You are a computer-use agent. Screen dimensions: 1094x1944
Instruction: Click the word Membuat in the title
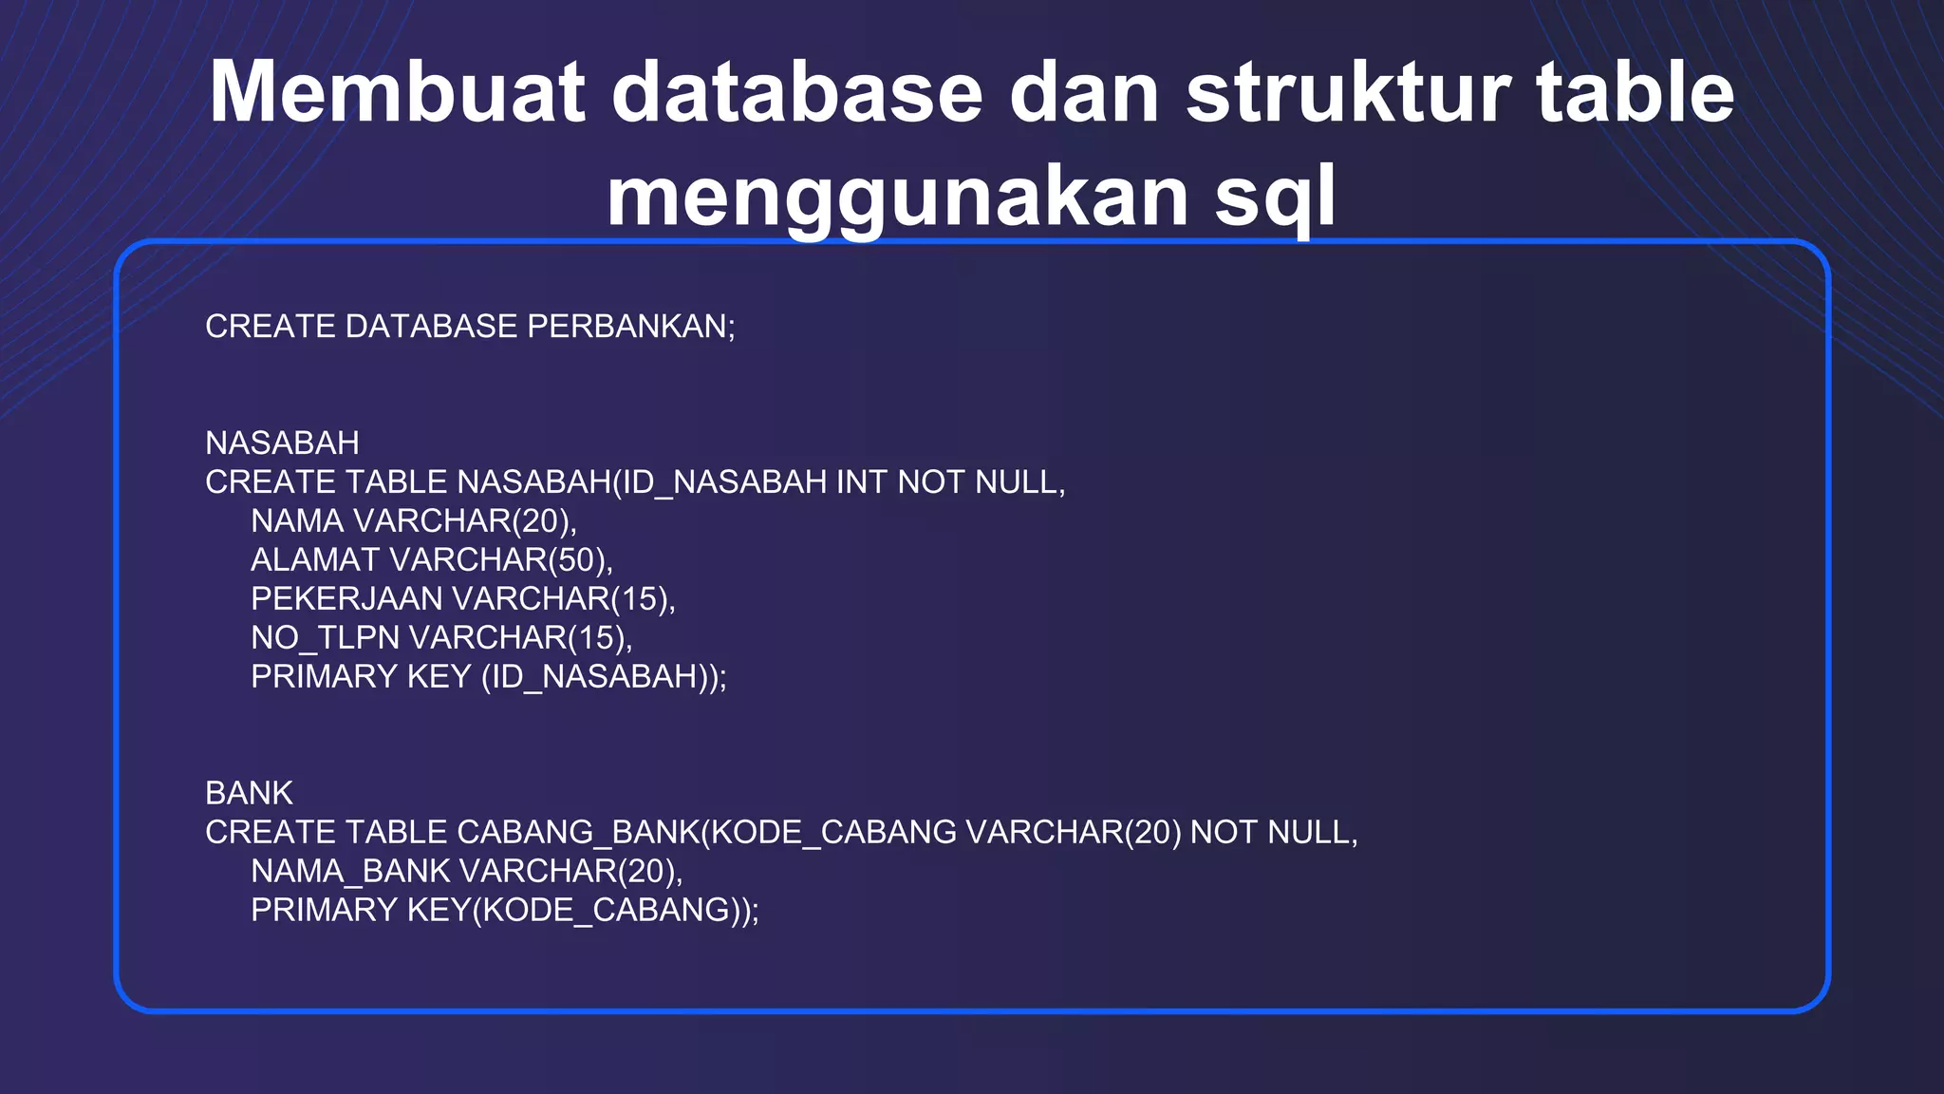[x=398, y=92]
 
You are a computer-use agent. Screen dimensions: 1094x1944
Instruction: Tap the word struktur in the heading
[x=1348, y=92]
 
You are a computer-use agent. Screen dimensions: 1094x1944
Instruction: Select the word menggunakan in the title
[x=897, y=197]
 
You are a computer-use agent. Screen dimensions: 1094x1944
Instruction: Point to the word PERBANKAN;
[x=631, y=327]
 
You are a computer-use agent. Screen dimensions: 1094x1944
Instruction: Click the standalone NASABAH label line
[x=282, y=443]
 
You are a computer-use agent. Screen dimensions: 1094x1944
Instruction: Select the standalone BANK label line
[x=249, y=794]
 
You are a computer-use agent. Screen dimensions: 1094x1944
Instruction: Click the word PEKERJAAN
[x=346, y=599]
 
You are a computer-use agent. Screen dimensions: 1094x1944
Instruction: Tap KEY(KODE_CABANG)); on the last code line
[x=584, y=911]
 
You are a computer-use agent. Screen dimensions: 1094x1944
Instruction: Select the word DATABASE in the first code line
[x=431, y=327]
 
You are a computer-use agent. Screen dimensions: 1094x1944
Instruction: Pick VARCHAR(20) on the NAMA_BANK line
[x=570, y=872]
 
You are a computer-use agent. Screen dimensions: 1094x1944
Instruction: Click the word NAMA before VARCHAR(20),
[x=297, y=521]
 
